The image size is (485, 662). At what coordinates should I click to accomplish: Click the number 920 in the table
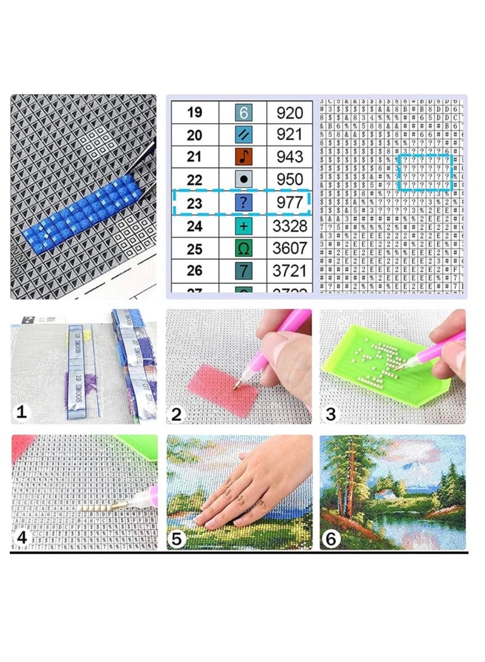pyautogui.click(x=289, y=112)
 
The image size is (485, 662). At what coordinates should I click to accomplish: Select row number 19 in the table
pyautogui.click(x=194, y=112)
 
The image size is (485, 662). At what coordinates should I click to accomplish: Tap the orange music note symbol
pyautogui.click(x=242, y=157)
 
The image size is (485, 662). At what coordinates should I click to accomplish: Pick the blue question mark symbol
pyautogui.click(x=242, y=203)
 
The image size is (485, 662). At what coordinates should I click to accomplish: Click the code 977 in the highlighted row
pyautogui.click(x=289, y=203)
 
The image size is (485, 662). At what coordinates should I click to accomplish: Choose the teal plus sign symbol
pyautogui.click(x=242, y=226)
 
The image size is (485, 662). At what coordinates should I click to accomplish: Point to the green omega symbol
pyautogui.click(x=242, y=248)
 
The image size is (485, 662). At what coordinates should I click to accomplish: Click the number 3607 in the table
pyautogui.click(x=289, y=248)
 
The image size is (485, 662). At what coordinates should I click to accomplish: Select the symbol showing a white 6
pyautogui.click(x=242, y=112)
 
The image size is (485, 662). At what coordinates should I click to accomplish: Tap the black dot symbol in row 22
pyautogui.click(x=242, y=180)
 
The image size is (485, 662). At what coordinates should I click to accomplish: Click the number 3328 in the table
pyautogui.click(x=289, y=226)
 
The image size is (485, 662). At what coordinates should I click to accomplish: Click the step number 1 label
pyautogui.click(x=21, y=413)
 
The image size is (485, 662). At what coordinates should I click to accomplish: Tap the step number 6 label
pyautogui.click(x=330, y=538)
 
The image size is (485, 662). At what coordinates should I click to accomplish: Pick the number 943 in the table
pyautogui.click(x=289, y=157)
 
